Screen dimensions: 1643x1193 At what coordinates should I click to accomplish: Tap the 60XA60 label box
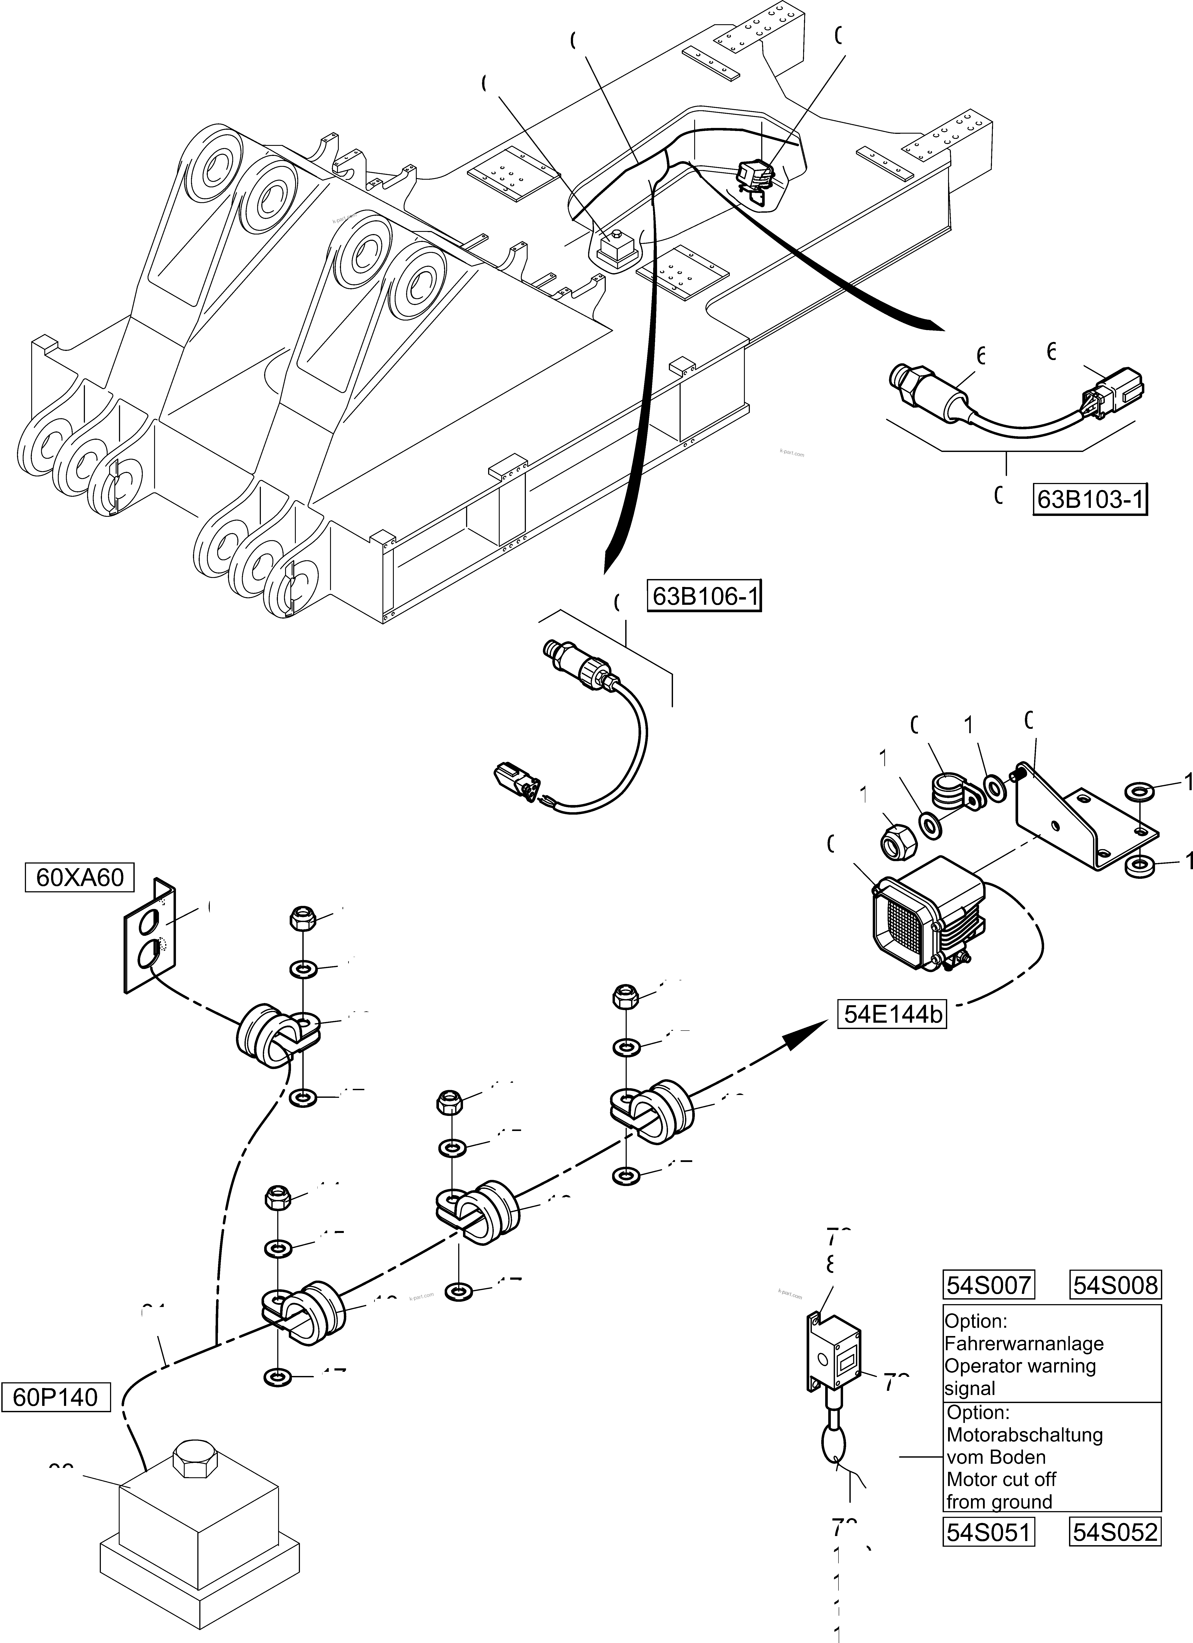(x=80, y=877)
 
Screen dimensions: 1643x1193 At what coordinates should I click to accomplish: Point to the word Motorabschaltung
(x=1024, y=1434)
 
